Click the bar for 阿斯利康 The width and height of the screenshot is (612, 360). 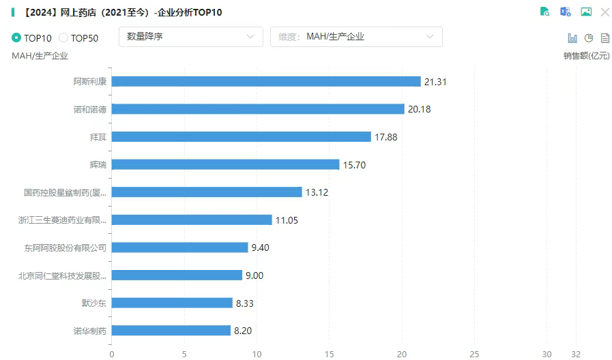(266, 82)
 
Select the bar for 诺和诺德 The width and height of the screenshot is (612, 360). (258, 109)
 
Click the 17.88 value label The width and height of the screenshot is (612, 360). (386, 137)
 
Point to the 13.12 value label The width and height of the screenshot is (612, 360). (317, 192)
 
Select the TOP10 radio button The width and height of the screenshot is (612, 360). (16, 37)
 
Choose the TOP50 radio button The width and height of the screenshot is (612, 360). (64, 37)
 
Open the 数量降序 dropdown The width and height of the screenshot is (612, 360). (190, 37)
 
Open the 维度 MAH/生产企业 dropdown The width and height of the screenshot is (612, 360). (356, 37)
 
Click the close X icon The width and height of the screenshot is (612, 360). (604, 12)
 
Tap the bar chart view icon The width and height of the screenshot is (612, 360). (572, 38)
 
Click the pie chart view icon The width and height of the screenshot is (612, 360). (589, 38)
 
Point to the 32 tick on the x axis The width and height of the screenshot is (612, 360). (577, 354)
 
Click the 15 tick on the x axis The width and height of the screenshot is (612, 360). (330, 354)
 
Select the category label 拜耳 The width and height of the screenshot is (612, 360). (100, 137)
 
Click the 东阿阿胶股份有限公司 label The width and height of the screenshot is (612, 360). (65, 247)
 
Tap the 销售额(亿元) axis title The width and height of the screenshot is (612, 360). (586, 56)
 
